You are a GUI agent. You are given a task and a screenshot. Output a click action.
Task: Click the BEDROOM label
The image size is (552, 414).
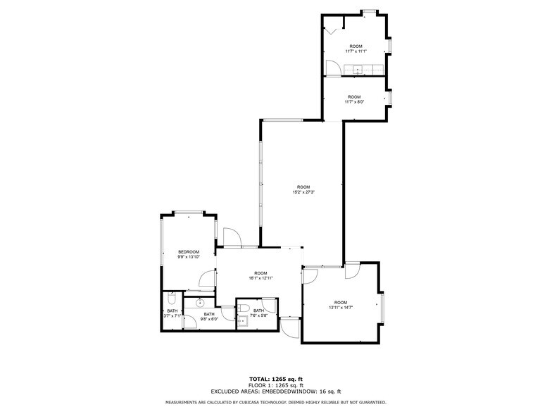point(189,252)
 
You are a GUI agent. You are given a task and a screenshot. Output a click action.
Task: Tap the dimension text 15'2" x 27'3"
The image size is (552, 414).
point(303,192)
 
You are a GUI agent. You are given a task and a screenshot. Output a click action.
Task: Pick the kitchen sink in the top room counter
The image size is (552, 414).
point(358,69)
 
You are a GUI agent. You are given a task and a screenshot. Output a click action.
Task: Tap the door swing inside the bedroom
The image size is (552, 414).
point(207,280)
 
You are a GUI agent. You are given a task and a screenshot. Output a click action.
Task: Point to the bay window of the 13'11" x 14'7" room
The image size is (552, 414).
point(382,306)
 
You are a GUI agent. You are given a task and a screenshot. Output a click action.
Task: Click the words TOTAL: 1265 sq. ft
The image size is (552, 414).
point(275,379)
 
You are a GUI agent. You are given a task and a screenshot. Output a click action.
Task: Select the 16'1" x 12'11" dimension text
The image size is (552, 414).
point(261,277)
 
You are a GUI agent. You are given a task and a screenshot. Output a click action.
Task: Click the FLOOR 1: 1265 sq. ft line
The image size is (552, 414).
point(275,385)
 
